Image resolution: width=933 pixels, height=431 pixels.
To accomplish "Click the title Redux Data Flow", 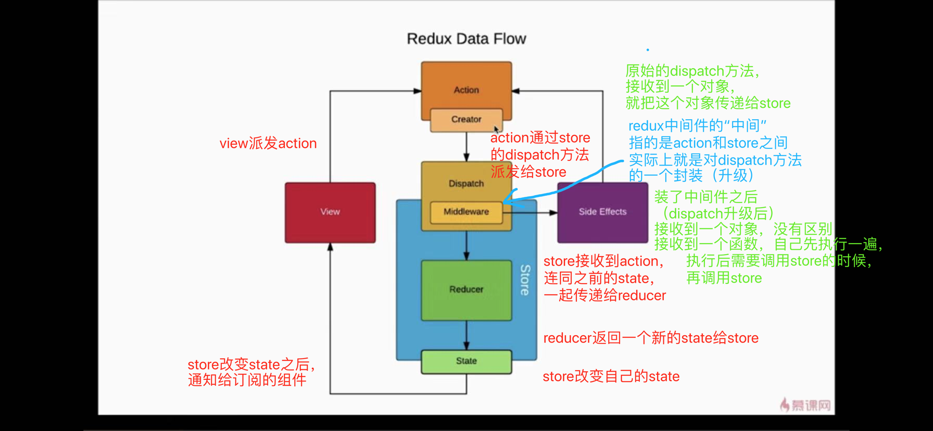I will click(466, 39).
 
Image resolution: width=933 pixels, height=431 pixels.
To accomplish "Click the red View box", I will click(330, 212).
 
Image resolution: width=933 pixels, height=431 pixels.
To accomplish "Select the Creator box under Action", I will click(466, 120).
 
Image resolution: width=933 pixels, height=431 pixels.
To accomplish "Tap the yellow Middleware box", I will click(466, 212).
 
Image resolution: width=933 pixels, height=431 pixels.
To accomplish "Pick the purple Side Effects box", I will click(602, 212).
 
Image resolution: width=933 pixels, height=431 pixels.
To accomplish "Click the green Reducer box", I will click(466, 289).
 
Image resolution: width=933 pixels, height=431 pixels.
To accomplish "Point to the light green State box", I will click(466, 361).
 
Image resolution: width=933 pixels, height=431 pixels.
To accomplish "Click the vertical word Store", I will click(525, 280).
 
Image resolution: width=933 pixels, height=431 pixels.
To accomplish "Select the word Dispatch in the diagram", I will click(466, 184).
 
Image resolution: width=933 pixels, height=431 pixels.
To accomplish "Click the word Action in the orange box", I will click(466, 90).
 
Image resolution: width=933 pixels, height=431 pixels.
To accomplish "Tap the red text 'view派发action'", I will click(268, 144).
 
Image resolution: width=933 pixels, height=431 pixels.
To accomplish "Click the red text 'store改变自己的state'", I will click(611, 376).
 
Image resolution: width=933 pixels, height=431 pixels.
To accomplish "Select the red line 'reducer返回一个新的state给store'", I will click(650, 338).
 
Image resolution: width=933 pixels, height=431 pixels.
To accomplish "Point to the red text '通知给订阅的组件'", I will click(247, 380).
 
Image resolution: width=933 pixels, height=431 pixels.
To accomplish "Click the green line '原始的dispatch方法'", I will click(692, 71).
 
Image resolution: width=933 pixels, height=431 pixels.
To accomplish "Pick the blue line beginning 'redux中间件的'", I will click(697, 126).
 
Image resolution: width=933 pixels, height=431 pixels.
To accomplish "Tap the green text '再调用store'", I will click(724, 278).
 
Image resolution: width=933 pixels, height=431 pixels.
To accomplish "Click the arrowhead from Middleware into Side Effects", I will click(553, 212).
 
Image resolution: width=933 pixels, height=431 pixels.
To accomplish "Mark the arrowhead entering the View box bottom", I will click(330, 247).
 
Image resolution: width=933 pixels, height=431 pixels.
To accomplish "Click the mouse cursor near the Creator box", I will click(496, 129).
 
